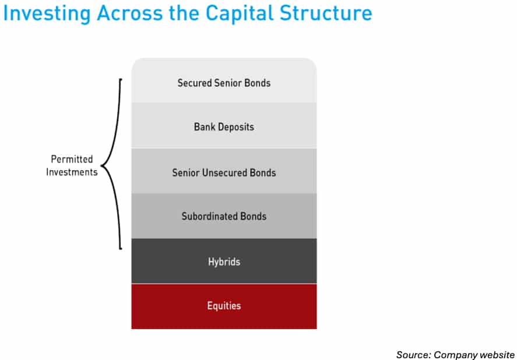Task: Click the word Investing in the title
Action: [x=47, y=13]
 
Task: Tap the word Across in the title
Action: [x=129, y=13]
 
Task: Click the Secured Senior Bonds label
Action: [x=224, y=83]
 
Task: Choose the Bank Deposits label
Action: [x=224, y=127]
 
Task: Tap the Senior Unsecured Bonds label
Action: [x=224, y=172]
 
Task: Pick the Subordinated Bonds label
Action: [x=224, y=216]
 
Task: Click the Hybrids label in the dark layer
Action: [x=224, y=262]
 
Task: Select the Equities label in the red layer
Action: [x=224, y=306]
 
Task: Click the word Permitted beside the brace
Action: [x=72, y=159]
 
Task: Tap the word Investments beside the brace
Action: [x=72, y=172]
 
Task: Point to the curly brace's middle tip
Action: [x=101, y=166]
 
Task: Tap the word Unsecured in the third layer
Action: [x=226, y=172]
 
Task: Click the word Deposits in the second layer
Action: [x=235, y=127]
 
